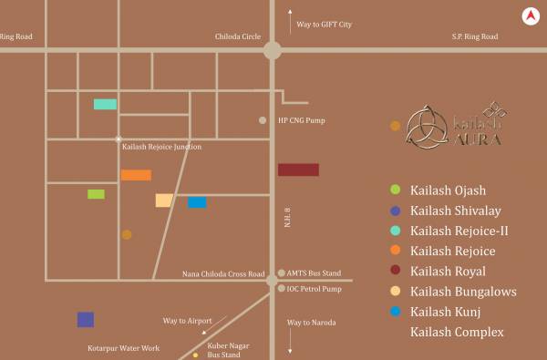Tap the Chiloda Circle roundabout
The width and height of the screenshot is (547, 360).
click(272, 50)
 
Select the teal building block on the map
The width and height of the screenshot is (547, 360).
click(105, 104)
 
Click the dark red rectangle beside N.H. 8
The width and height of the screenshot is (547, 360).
click(298, 170)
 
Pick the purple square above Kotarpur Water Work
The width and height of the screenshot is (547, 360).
click(86, 319)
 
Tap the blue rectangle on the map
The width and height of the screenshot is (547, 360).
click(197, 202)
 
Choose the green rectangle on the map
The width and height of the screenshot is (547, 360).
click(96, 194)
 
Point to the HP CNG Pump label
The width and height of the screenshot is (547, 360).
click(301, 120)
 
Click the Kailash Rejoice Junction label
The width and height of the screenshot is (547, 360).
click(161, 147)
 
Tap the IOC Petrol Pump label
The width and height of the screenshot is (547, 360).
click(314, 289)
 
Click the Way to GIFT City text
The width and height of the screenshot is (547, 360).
click(324, 25)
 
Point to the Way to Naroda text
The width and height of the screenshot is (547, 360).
click(312, 323)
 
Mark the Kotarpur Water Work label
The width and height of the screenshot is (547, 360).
click(123, 348)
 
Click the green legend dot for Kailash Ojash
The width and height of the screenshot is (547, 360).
click(395, 190)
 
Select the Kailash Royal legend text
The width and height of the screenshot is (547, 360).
click(448, 272)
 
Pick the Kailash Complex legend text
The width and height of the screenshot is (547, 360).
click(457, 333)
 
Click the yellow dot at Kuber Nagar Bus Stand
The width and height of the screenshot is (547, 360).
click(195, 355)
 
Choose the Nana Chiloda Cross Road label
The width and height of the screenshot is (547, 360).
click(223, 273)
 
